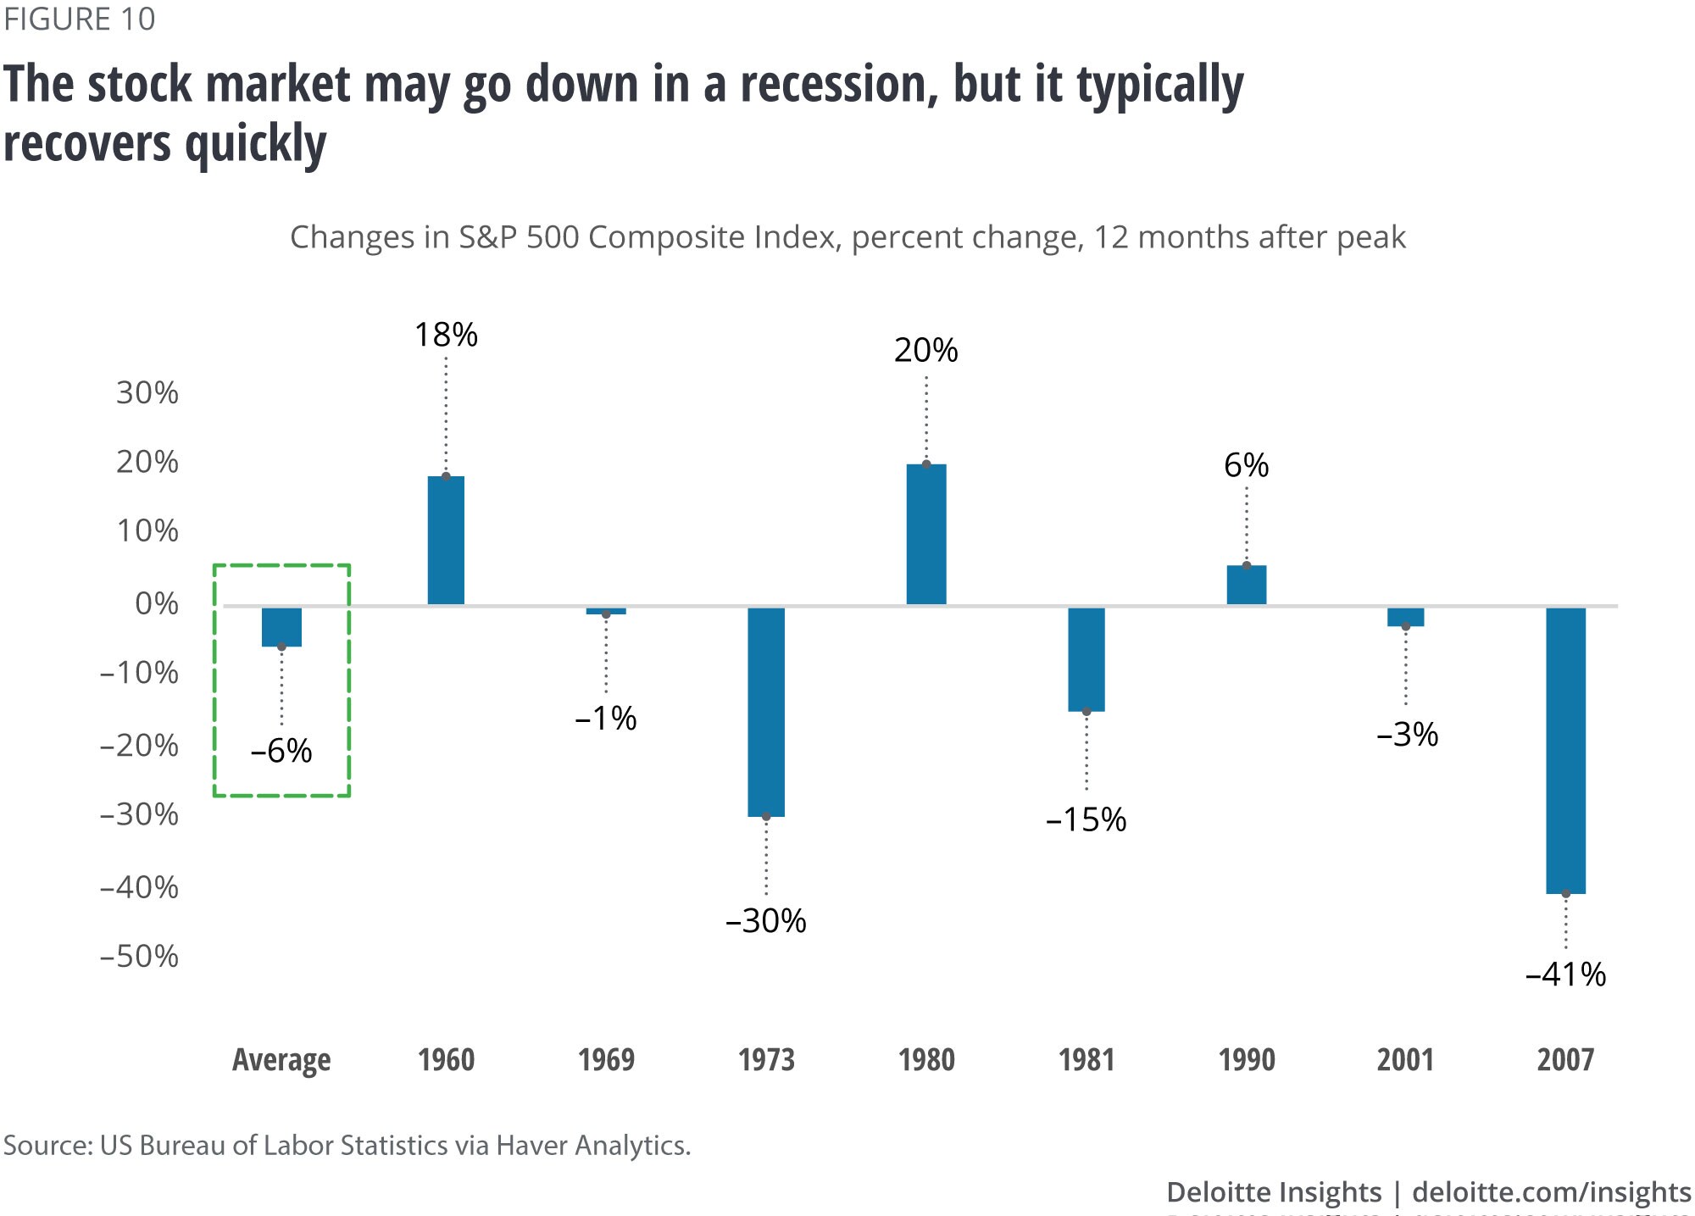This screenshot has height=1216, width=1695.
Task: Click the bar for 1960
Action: click(x=446, y=540)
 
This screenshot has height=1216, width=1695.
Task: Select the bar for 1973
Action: click(x=766, y=712)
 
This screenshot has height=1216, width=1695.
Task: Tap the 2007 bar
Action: click(x=1565, y=750)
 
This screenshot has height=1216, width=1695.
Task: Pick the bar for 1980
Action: click(x=926, y=534)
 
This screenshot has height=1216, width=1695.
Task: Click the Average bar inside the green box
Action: click(x=281, y=627)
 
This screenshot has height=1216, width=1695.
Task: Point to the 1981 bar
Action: click(x=1086, y=659)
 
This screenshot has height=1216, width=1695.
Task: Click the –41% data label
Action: click(x=1565, y=974)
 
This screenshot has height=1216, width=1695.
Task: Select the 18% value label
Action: click(x=446, y=335)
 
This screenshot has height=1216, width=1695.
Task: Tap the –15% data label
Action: click(x=1086, y=819)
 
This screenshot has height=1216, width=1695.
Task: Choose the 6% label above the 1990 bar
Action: click(x=1247, y=465)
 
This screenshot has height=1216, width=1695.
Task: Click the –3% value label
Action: click(x=1407, y=734)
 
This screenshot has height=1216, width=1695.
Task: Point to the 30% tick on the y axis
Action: click(x=147, y=392)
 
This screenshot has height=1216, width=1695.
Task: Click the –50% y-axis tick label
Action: click(x=140, y=956)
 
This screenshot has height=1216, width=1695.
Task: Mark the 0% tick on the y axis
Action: click(x=157, y=603)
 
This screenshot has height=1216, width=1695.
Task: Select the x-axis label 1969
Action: click(x=606, y=1059)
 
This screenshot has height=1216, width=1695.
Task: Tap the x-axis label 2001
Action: click(x=1405, y=1059)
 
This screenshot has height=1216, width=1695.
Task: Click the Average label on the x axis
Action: click(x=281, y=1060)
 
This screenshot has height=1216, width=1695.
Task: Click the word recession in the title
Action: click(x=839, y=85)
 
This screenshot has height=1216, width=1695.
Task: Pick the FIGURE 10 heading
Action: click(x=80, y=19)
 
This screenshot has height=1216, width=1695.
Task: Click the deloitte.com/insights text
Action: click(x=1552, y=1191)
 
